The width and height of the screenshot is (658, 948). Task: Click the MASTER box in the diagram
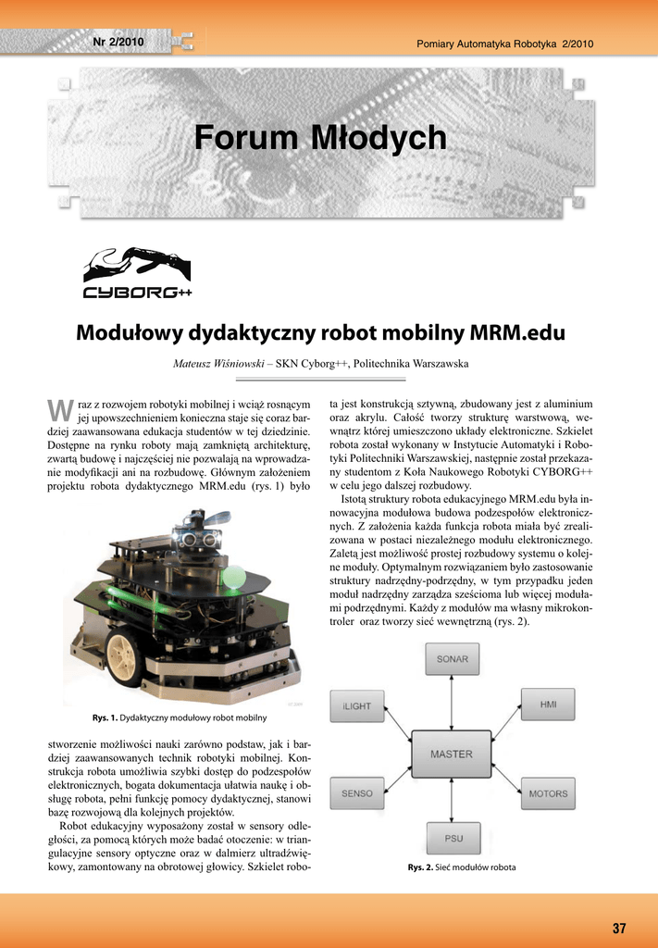click(452, 754)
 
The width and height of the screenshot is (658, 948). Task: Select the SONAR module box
click(453, 660)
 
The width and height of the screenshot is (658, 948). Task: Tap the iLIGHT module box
click(356, 705)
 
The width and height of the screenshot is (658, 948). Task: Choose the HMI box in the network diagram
click(549, 705)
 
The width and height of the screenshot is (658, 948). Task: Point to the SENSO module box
click(357, 793)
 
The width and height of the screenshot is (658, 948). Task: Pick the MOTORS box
click(549, 793)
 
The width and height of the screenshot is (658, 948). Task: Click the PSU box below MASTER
click(453, 838)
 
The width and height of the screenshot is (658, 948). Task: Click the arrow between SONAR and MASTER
click(452, 704)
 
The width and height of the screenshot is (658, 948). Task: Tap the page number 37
click(619, 929)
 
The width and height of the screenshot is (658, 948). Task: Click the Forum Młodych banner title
click(320, 139)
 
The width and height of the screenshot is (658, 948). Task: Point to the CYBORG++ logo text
click(137, 293)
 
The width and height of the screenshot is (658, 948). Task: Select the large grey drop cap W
click(59, 409)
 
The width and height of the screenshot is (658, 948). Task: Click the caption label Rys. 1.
click(105, 717)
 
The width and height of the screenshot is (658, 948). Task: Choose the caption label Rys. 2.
click(421, 867)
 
